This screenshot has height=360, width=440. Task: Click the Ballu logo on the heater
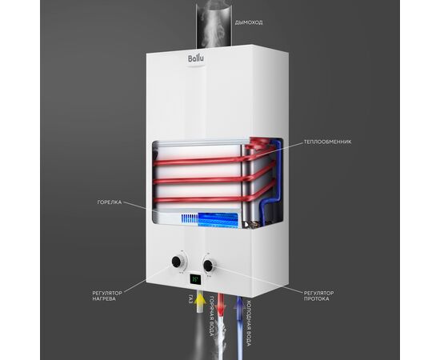[196, 59]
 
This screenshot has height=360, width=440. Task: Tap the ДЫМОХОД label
[249, 22]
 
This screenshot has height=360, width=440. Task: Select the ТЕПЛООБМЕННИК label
[327, 142]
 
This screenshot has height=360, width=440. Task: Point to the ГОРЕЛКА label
[110, 202]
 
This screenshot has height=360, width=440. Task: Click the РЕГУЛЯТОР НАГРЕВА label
[107, 296]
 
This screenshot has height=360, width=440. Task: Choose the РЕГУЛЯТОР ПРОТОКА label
[318, 296]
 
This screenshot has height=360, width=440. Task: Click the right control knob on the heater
[209, 265]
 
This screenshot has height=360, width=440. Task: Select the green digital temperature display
[195, 279]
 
